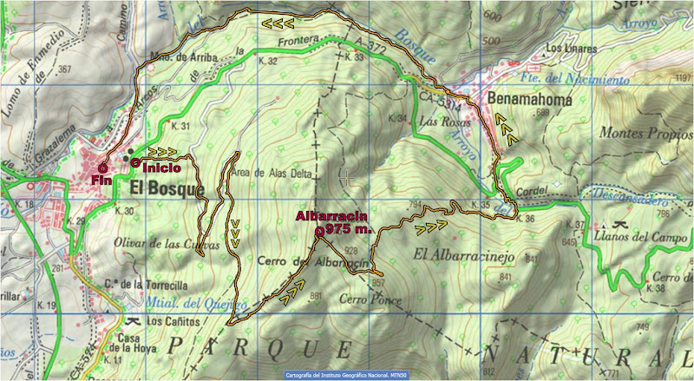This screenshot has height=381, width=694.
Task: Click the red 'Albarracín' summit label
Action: tap(332, 216)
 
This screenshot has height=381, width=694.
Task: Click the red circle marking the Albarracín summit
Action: tap(320, 232)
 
